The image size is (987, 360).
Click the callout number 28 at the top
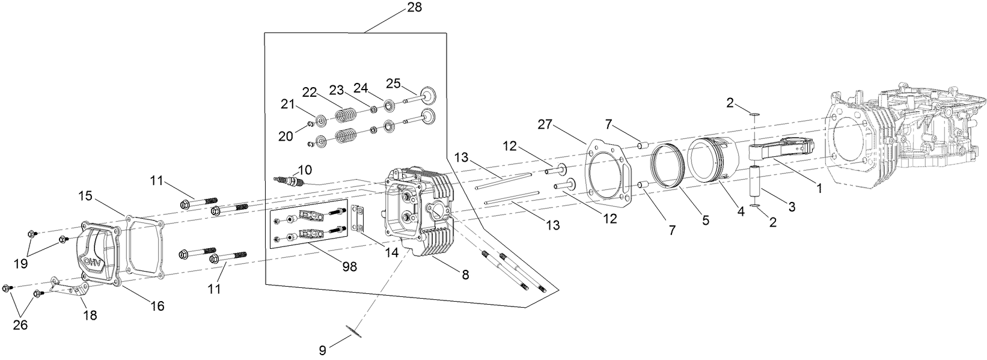click(x=414, y=7)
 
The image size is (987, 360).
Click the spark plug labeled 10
click(x=291, y=180)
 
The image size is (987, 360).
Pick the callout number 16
click(x=157, y=306)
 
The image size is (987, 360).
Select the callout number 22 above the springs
click(x=309, y=91)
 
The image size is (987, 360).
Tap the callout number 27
click(x=545, y=124)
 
